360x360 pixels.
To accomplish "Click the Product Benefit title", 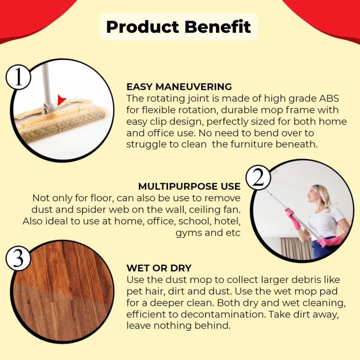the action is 179,27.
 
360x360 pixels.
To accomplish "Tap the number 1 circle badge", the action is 18,77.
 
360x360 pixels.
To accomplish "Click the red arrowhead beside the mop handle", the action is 61,100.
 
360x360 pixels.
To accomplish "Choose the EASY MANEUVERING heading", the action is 179,87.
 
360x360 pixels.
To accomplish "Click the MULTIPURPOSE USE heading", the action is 189,186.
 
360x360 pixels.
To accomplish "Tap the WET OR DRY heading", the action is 159,268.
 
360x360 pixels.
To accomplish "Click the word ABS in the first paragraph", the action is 329,98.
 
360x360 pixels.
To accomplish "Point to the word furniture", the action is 252,144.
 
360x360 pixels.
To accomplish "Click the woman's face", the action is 313,194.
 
